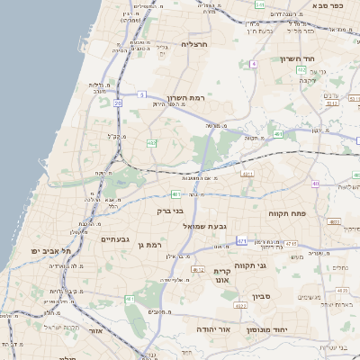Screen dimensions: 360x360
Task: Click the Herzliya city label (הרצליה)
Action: [194, 43]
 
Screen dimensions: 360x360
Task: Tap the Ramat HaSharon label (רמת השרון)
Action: [186, 97]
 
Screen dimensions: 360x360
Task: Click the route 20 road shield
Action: [118, 102]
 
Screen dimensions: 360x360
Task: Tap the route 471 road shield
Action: [242, 241]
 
